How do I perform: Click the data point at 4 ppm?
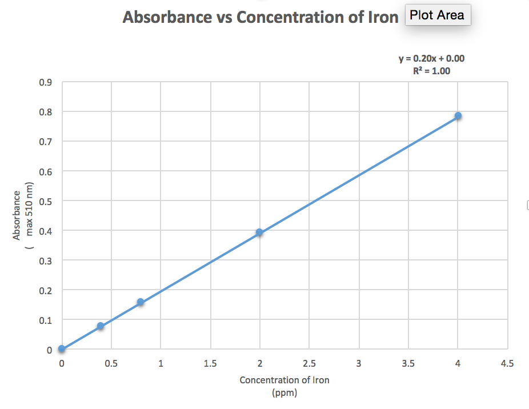(x=458, y=116)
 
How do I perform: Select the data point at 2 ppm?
(x=259, y=232)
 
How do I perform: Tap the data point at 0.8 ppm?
(x=141, y=302)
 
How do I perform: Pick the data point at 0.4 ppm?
(x=101, y=326)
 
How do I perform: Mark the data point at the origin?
(x=62, y=349)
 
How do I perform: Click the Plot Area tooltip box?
(x=438, y=15)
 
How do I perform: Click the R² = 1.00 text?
(x=431, y=71)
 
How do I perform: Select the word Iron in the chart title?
(x=381, y=17)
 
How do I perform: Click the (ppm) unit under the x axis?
(x=284, y=392)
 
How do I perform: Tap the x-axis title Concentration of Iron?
(x=284, y=380)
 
